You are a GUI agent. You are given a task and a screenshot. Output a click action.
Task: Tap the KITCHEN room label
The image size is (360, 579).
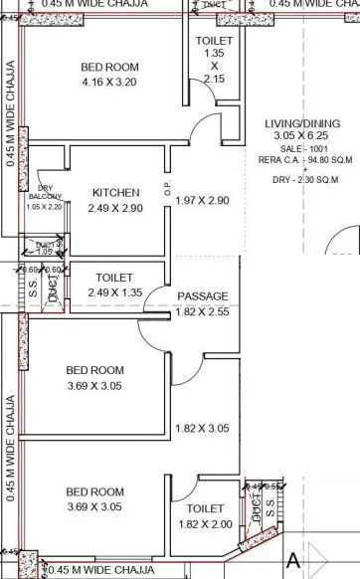point(115,192)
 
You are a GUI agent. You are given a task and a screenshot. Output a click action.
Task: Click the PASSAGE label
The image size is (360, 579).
point(202,296)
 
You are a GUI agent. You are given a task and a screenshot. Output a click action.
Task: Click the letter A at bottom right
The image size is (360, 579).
point(293,561)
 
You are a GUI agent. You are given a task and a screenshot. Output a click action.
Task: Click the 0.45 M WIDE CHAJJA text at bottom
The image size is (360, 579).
point(100,570)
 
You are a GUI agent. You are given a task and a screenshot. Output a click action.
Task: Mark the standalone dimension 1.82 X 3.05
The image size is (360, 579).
point(202,429)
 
